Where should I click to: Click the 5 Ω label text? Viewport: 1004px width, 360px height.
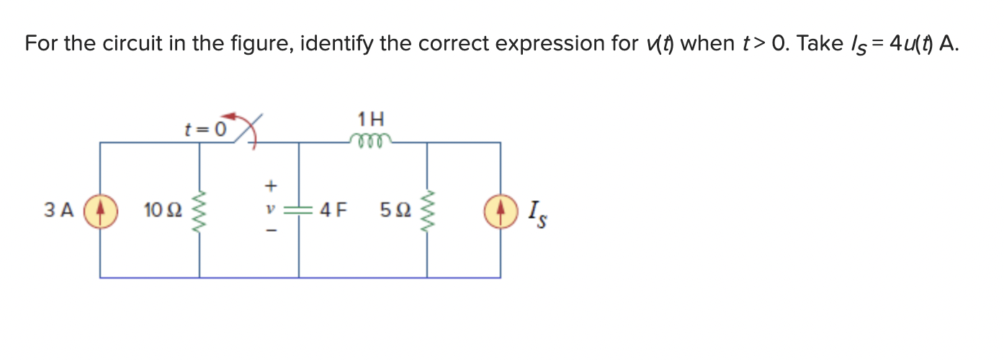pyautogui.click(x=393, y=211)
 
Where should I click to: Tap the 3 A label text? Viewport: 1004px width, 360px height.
pyautogui.click(x=59, y=211)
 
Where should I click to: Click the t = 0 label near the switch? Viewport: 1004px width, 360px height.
pyautogui.click(x=205, y=130)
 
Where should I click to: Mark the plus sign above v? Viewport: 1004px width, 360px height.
pyautogui.click(x=270, y=186)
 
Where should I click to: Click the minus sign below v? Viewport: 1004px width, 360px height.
pyautogui.click(x=270, y=233)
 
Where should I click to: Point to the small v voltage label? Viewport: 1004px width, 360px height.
pyautogui.click(x=270, y=210)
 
